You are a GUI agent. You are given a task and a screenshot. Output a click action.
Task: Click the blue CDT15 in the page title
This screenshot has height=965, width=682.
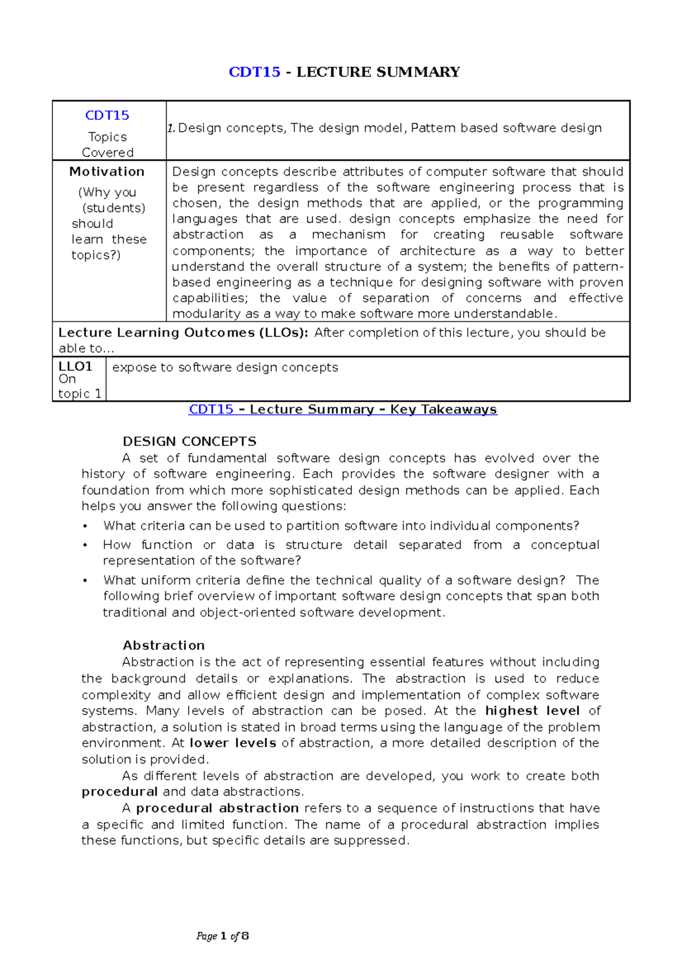254,72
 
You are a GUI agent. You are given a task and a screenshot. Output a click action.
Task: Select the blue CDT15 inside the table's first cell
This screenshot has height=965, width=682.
107,115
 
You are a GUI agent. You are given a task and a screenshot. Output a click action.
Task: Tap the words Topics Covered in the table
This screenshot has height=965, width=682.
107,144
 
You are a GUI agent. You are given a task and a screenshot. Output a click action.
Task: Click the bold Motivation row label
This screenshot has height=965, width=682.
107,172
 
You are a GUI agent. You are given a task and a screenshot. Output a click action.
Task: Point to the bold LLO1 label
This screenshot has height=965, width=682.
75,367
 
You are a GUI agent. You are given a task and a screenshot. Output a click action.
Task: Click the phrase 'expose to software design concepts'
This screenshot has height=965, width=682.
225,368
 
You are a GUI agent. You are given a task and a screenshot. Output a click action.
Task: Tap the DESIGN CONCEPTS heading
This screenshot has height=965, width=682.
189,442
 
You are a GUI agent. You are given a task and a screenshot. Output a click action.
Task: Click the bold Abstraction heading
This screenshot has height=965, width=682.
164,646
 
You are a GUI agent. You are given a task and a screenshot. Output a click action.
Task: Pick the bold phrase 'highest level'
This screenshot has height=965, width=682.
532,711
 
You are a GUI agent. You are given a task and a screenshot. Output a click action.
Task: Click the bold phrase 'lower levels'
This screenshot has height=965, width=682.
233,743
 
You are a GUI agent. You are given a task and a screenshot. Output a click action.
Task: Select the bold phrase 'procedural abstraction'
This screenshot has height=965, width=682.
217,808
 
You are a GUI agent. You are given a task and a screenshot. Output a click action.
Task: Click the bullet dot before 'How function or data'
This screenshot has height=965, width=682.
85,546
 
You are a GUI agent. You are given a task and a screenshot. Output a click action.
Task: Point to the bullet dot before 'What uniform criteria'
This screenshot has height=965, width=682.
85,581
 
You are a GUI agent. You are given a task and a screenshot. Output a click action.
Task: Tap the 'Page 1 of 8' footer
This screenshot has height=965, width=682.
222,936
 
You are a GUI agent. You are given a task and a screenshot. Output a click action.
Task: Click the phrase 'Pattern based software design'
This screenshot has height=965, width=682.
506,128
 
